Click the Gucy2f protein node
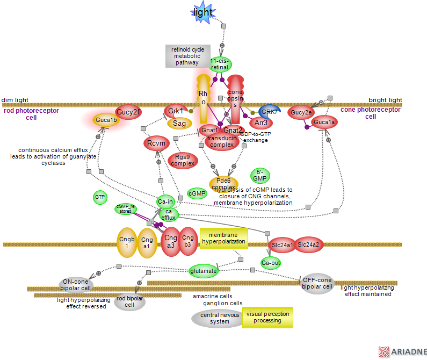click(128, 112)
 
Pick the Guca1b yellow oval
click(106, 120)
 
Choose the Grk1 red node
click(176, 111)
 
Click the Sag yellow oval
click(179, 124)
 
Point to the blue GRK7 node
click(270, 112)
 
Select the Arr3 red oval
click(262, 123)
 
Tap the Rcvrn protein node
click(157, 143)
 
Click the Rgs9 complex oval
click(183, 160)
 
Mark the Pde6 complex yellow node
click(223, 183)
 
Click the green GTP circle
click(100, 198)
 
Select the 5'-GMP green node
click(260, 175)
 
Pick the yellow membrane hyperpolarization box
click(223, 239)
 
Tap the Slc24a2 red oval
click(308, 245)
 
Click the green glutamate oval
click(204, 271)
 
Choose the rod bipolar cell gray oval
click(129, 302)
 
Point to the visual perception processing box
click(267, 318)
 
